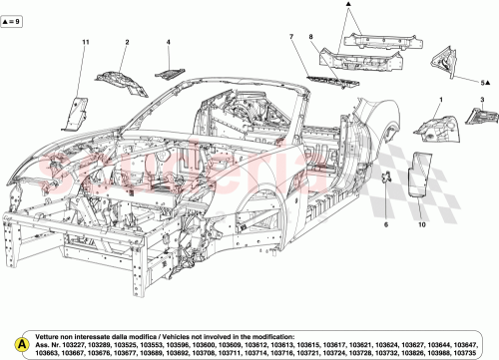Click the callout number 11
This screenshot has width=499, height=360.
pyautogui.click(x=85, y=41)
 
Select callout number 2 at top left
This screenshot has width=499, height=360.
pyautogui.click(x=128, y=42)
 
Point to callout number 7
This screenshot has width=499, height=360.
pyautogui.click(x=290, y=37)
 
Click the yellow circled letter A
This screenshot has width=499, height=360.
pyautogui.click(x=10, y=342)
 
